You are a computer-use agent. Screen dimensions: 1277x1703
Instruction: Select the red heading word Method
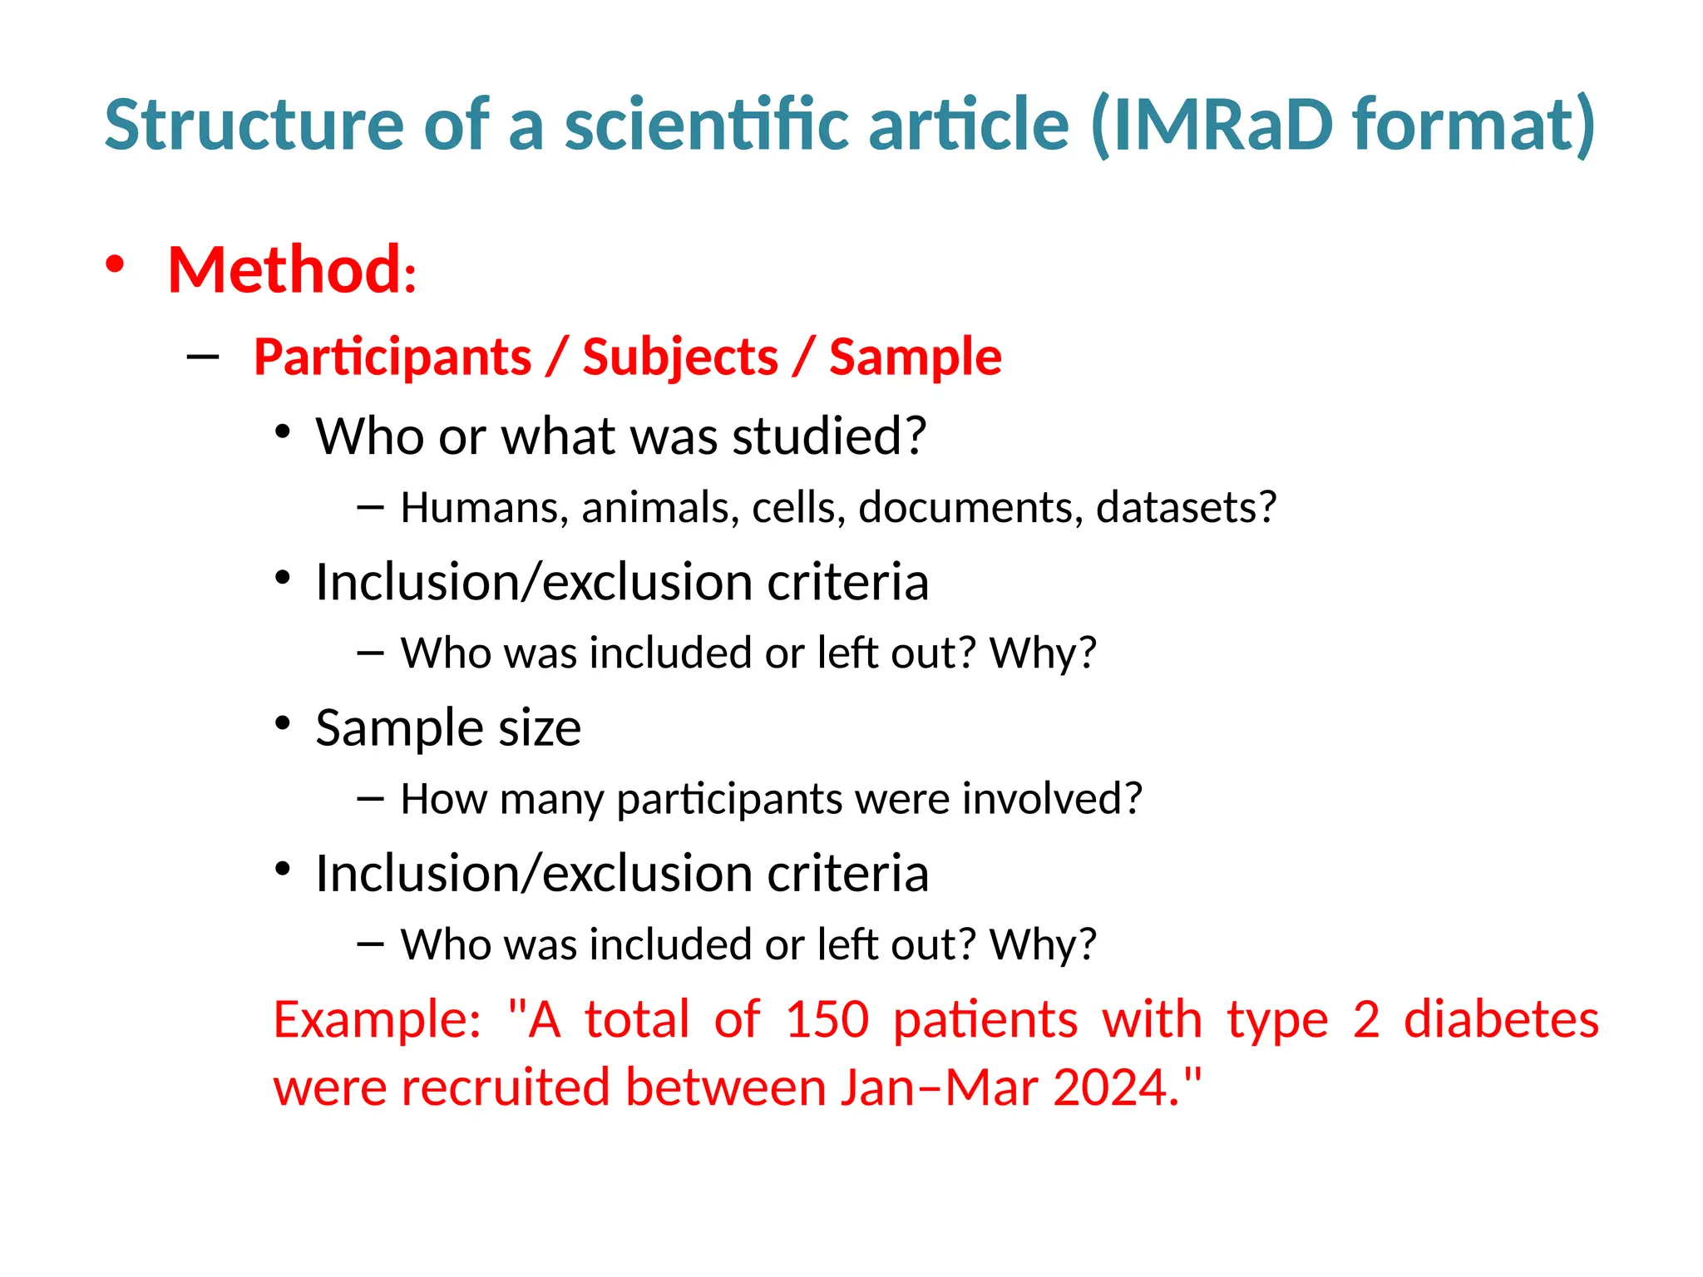(x=285, y=270)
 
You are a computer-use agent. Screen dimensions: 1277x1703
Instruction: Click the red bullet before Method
(x=115, y=264)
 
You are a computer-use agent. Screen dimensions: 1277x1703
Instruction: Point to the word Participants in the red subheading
(x=392, y=357)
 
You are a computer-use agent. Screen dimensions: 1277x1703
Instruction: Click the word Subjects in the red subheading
(x=680, y=357)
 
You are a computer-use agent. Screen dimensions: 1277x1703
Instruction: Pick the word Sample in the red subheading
(x=915, y=357)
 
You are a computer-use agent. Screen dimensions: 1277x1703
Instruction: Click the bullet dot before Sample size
(x=283, y=723)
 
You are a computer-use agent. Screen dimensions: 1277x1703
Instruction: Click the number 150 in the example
(x=827, y=1019)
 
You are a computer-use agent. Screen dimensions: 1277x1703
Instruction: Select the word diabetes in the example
(x=1501, y=1019)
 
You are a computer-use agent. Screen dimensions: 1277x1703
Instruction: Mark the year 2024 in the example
(x=1115, y=1087)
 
